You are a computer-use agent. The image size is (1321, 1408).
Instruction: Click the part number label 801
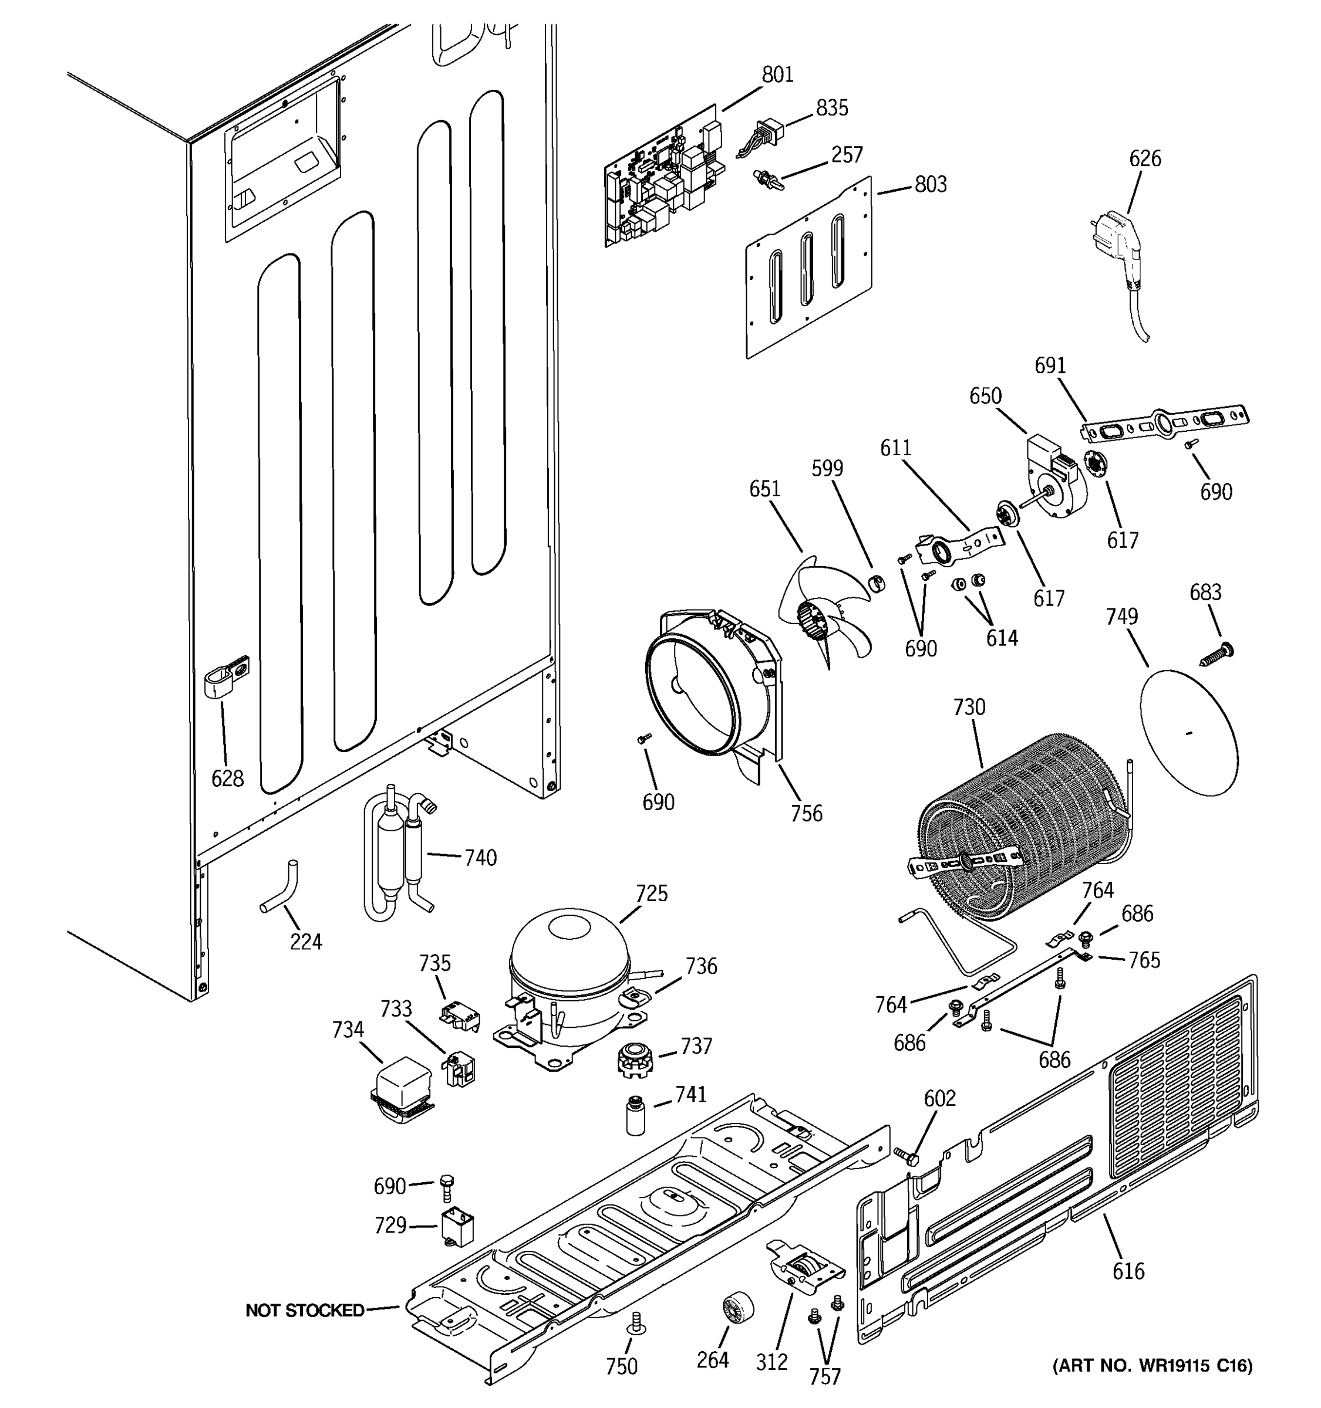[777, 75]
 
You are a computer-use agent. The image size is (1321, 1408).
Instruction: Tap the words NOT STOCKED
[304, 1310]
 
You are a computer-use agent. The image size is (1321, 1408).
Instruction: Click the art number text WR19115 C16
[1152, 1365]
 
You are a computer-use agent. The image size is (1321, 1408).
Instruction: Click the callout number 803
[931, 184]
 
